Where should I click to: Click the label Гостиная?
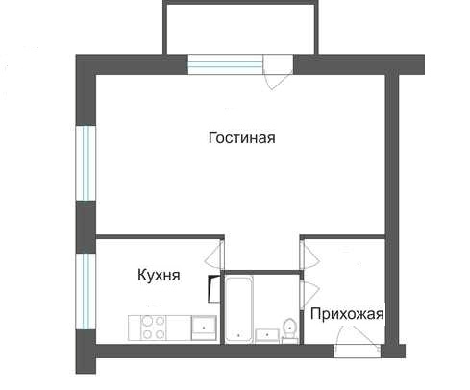(242, 138)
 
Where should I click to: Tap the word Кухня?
(159, 276)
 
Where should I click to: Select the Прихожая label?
(347, 314)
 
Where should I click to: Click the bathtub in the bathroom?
(238, 309)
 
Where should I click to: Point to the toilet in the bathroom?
(289, 330)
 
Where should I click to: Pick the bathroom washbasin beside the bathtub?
(267, 335)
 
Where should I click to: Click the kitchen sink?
(204, 328)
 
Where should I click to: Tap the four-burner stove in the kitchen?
(154, 328)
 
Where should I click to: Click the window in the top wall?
(226, 64)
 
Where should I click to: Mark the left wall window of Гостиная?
(86, 163)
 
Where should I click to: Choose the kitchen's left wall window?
(86, 291)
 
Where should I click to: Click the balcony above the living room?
(241, 28)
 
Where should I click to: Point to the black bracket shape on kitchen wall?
(213, 289)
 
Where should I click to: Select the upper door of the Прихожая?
(309, 256)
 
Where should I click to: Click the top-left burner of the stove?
(147, 321)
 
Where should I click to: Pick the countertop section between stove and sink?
(179, 328)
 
